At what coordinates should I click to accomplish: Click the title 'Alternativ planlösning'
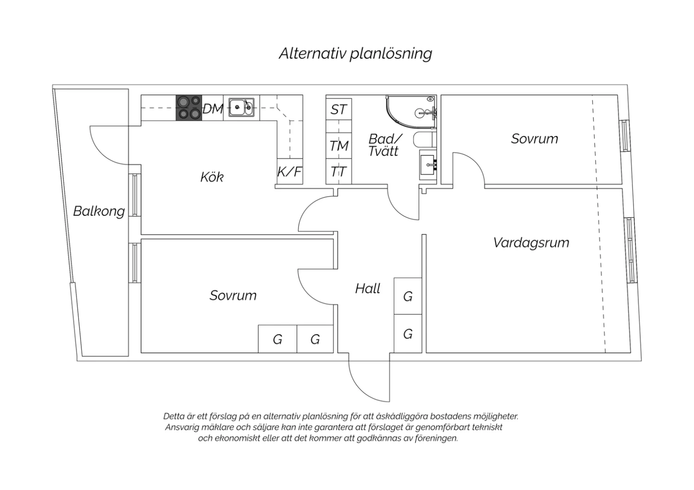point(355,54)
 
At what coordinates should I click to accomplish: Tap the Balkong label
point(99,211)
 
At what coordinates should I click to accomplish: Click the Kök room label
point(212,177)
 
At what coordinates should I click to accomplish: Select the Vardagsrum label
point(531,243)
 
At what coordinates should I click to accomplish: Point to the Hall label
point(367,289)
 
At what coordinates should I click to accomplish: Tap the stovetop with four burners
point(189,107)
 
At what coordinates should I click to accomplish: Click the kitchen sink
point(241,108)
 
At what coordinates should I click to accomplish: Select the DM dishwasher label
point(213,109)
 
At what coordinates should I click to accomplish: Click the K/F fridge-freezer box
point(290,172)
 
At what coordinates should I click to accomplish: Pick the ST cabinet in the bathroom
point(339,110)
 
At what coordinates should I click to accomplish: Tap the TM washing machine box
point(339,146)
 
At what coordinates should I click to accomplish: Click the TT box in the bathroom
point(339,172)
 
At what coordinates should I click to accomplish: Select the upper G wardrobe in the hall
point(408,296)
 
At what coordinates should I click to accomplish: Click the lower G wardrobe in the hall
point(408,334)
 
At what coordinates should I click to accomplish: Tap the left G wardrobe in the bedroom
point(277,339)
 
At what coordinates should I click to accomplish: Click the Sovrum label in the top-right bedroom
point(534,139)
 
